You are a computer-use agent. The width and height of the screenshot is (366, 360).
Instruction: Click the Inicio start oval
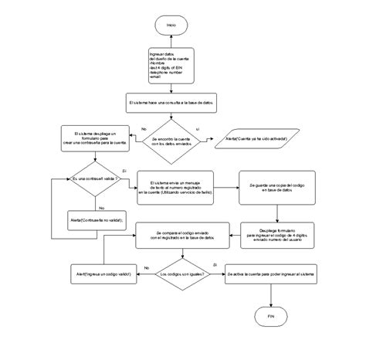tap(171, 25)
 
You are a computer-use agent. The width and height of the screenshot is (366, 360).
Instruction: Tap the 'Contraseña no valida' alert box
tap(93, 219)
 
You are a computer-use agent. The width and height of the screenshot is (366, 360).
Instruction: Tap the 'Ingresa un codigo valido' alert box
tap(102, 274)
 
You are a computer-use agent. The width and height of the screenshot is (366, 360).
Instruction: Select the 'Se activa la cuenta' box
tap(270, 274)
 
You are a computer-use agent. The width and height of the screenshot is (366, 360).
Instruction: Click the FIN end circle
tap(270, 318)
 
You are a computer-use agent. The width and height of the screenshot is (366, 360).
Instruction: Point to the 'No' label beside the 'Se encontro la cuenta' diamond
tap(143, 129)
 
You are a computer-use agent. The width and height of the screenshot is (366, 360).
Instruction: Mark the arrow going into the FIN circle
tap(270, 297)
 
